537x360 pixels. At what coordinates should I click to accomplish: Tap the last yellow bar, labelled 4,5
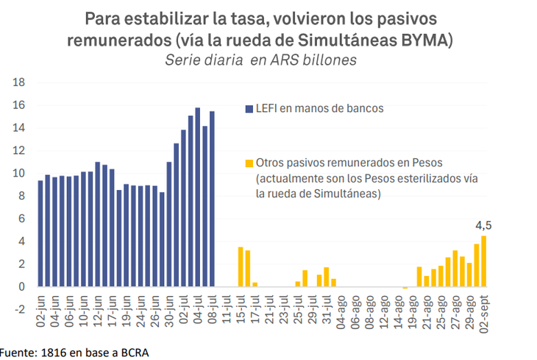click(x=484, y=261)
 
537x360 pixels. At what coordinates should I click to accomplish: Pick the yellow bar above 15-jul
click(x=241, y=267)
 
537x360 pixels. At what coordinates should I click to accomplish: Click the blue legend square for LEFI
click(x=249, y=109)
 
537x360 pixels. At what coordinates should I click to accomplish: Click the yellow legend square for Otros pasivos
click(x=249, y=163)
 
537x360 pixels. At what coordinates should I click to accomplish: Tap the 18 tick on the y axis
click(x=20, y=82)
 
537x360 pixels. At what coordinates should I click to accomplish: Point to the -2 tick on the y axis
click(x=20, y=309)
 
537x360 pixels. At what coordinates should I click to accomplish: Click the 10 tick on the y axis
click(x=20, y=173)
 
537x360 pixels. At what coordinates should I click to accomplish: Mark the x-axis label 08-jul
click(x=212, y=312)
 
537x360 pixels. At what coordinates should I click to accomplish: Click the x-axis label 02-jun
click(x=40, y=312)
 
